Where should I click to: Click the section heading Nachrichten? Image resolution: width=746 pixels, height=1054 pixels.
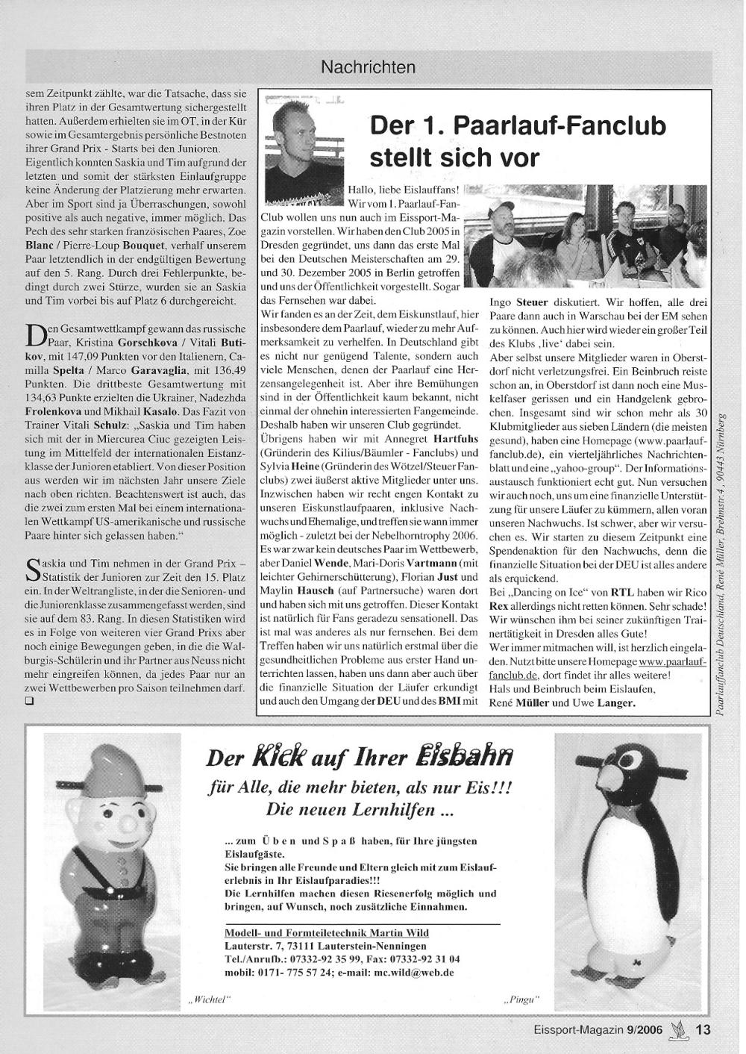pyautogui.click(x=368, y=67)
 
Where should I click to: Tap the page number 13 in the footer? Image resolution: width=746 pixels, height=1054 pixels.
pyautogui.click(x=703, y=1029)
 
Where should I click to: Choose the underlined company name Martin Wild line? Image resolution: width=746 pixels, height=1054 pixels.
pyautogui.click(x=327, y=933)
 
